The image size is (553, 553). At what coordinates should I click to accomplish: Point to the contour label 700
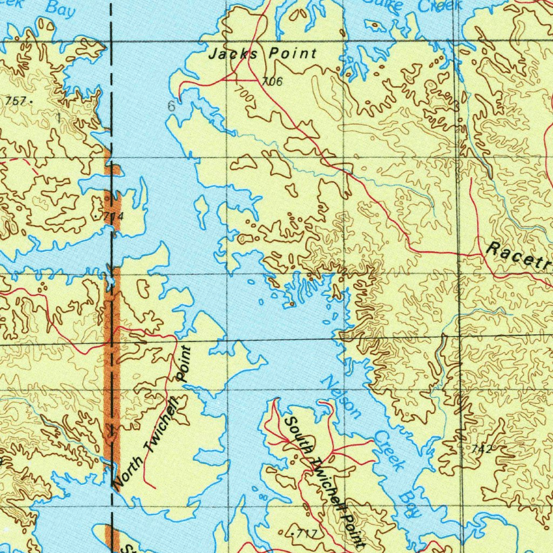tap(245, 95)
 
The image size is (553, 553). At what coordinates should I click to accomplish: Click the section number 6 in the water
tap(171, 106)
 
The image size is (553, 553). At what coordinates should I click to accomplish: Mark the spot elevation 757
tap(16, 100)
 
